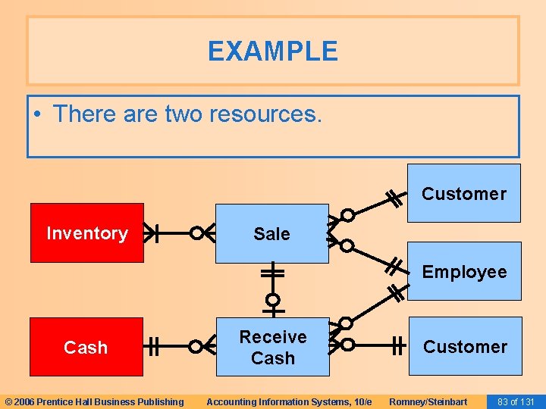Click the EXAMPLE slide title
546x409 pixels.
tap(273, 52)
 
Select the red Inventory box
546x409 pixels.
tap(86, 233)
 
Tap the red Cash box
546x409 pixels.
tap(86, 347)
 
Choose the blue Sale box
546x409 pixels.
tap(271, 233)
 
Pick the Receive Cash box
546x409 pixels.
tap(273, 347)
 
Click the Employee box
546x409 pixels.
tap(464, 271)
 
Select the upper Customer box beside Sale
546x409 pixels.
tap(464, 193)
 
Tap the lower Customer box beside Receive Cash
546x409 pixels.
tap(465, 346)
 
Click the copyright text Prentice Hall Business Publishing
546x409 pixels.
tap(95, 401)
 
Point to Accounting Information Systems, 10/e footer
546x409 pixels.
tap(289, 401)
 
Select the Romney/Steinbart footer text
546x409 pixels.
tap(428, 401)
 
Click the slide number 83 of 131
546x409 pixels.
tap(516, 401)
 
